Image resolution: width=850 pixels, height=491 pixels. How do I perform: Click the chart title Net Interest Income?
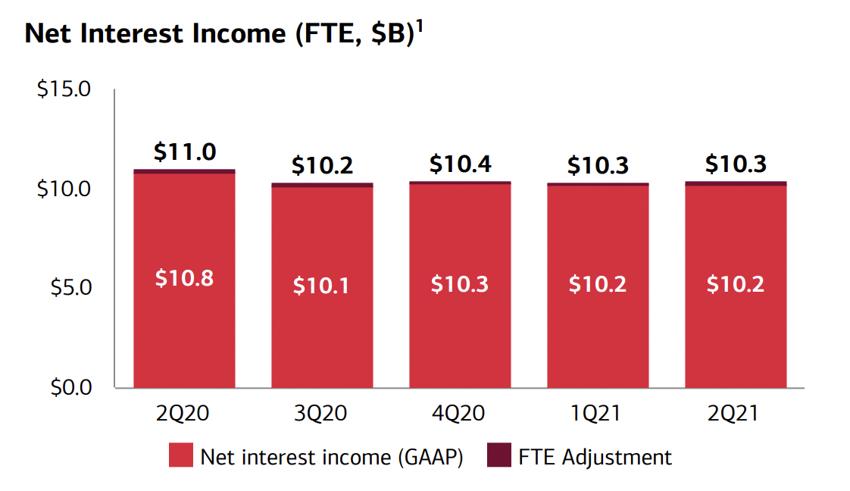[220, 34]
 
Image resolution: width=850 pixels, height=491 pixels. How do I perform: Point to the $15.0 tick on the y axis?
[64, 89]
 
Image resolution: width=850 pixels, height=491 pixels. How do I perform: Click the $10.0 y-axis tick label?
[64, 189]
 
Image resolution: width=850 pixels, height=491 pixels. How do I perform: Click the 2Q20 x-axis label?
[184, 414]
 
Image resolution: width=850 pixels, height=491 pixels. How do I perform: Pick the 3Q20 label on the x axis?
[322, 414]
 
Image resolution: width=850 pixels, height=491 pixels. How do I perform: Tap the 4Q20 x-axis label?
[460, 414]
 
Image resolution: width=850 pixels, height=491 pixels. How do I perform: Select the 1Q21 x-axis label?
[598, 414]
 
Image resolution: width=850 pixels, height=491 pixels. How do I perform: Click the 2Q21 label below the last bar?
[736, 414]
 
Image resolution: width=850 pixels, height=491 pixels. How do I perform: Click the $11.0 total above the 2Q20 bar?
[184, 152]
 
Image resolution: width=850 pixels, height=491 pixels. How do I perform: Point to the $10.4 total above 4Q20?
[460, 164]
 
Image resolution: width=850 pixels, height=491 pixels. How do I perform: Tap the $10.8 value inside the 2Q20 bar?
[184, 279]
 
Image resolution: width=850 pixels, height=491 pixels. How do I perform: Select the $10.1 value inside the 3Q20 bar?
[322, 286]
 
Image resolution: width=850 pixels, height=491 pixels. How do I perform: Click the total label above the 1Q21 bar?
[598, 165]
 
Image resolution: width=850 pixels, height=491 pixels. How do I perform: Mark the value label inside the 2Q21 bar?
[736, 284]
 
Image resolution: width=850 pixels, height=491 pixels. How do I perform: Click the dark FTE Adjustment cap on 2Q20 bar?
[184, 171]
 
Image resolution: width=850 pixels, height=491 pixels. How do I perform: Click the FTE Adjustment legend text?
[595, 457]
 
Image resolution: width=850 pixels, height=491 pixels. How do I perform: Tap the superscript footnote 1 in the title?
[420, 25]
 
